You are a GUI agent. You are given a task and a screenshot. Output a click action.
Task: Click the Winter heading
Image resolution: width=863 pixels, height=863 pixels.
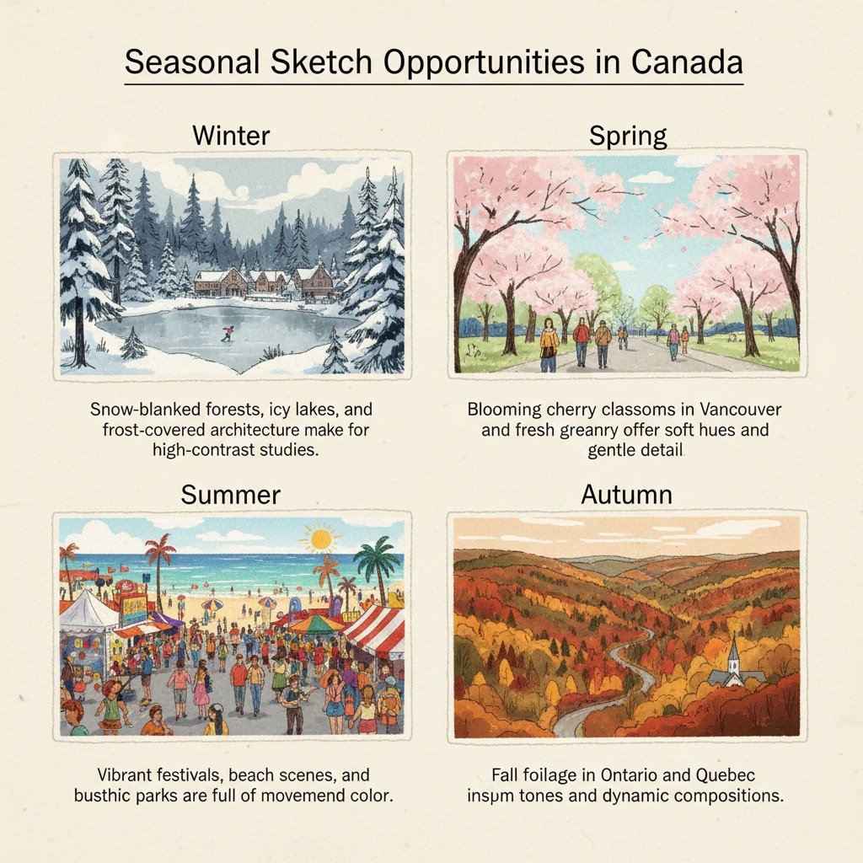coord(231,135)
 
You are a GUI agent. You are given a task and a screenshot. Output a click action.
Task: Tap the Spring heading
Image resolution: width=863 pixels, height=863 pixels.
coord(628,135)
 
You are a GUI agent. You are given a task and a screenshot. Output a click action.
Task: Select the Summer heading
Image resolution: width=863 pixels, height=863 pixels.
coord(230,494)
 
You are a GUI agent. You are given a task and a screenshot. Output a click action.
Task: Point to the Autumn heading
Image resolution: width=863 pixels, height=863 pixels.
coord(627,494)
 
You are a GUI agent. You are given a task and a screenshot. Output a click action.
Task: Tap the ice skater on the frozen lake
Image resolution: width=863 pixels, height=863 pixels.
coord(227,334)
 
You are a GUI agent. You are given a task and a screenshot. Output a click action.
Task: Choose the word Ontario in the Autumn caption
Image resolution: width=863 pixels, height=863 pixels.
coord(634,775)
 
